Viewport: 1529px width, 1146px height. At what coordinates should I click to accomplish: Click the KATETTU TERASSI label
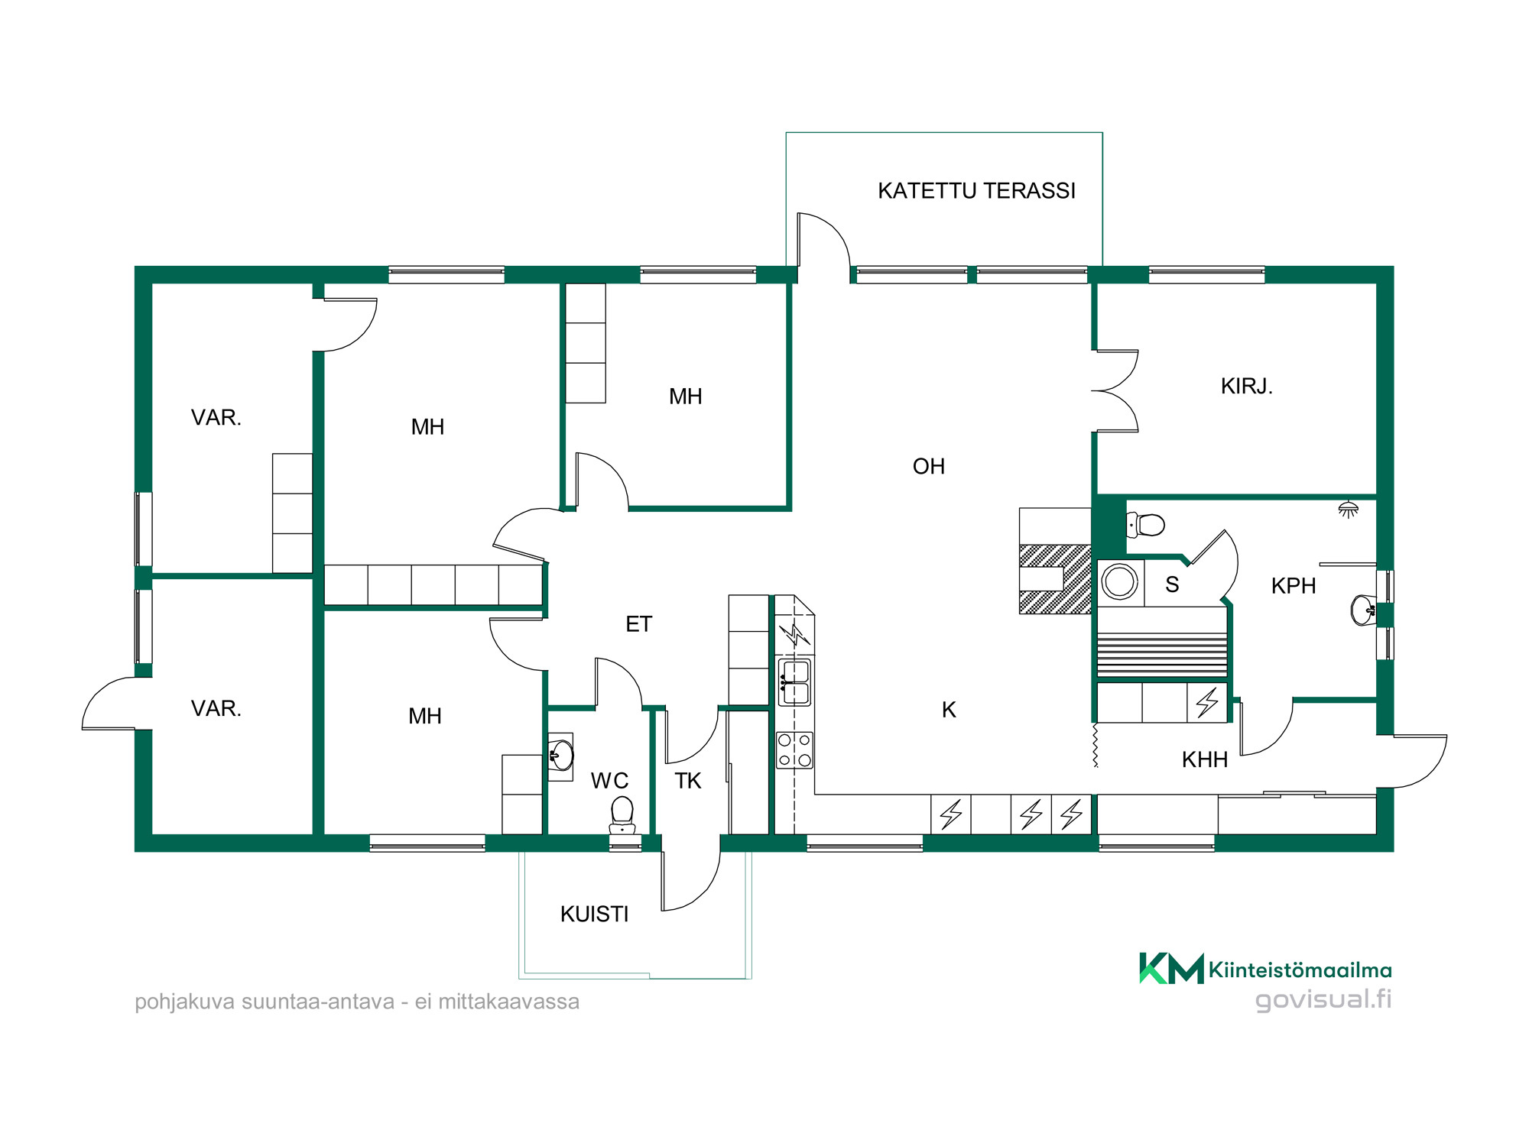(976, 190)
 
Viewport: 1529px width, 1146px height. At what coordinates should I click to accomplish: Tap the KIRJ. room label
(1246, 386)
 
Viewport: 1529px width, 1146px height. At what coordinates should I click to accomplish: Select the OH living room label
(929, 466)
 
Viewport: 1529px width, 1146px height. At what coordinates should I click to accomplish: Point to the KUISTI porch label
(594, 914)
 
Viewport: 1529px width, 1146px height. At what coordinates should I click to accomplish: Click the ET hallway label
(638, 624)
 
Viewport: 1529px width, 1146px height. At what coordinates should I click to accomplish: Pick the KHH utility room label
(1205, 759)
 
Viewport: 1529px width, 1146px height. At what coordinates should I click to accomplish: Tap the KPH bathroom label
(1294, 586)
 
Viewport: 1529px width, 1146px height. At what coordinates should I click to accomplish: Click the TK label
(688, 781)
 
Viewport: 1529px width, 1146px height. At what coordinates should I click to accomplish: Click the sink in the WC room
(561, 756)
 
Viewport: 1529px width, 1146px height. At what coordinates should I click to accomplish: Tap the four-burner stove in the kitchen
(794, 749)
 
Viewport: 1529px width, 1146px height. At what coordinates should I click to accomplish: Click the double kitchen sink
(794, 682)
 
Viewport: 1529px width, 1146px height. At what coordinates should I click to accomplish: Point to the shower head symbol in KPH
(1348, 510)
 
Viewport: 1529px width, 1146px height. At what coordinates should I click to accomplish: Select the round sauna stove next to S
(1120, 581)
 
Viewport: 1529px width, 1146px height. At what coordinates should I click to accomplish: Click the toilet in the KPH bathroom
(1145, 525)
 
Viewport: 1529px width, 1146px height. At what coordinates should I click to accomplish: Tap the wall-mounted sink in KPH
(1363, 610)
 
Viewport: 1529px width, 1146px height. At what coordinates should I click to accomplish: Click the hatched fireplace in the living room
(1055, 578)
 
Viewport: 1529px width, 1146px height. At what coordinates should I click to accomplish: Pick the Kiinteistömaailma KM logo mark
(1171, 969)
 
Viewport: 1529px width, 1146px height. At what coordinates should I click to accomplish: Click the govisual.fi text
(1323, 999)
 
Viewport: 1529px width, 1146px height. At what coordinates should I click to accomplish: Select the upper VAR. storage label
(216, 417)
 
